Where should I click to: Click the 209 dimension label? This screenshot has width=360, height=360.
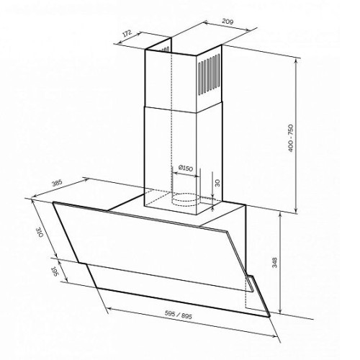click(x=228, y=22)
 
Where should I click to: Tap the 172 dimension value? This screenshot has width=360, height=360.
click(x=127, y=33)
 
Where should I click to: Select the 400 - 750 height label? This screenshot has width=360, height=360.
click(x=291, y=138)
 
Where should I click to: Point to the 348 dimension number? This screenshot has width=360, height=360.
click(x=274, y=262)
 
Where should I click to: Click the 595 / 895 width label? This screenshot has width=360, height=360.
click(x=179, y=314)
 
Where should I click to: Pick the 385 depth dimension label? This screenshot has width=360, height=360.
click(x=58, y=183)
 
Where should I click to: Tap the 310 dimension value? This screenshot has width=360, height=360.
click(x=40, y=233)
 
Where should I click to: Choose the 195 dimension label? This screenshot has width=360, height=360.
click(x=54, y=271)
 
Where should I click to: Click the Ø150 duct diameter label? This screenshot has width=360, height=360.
click(x=186, y=168)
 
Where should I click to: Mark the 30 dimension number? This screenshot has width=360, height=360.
click(x=217, y=183)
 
